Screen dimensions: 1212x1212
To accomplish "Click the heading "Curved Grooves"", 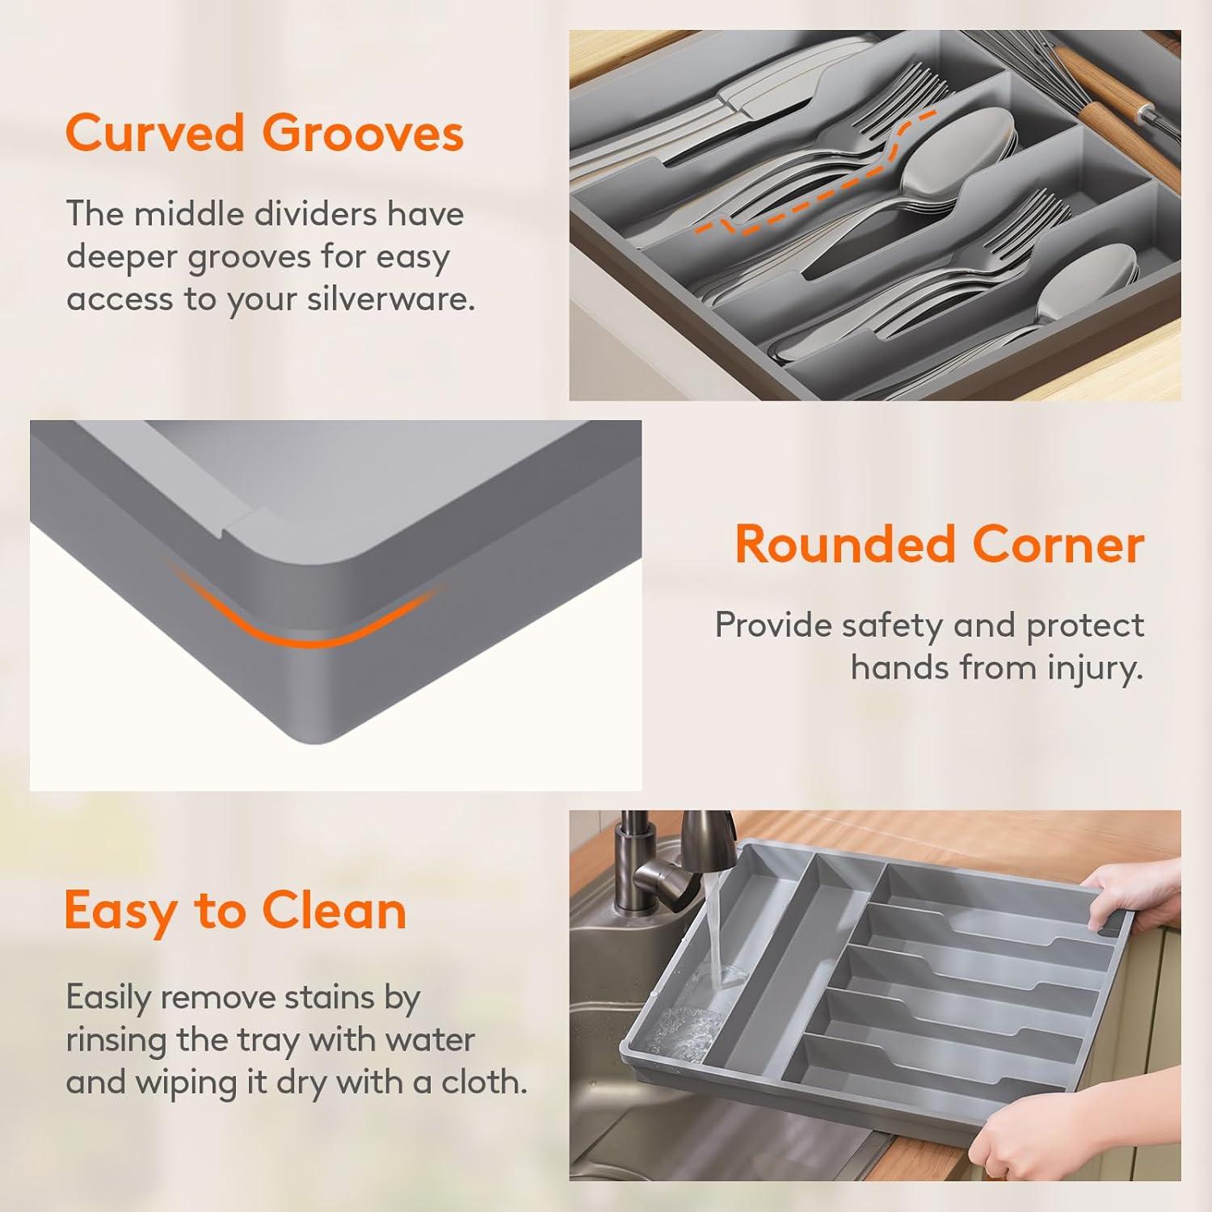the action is [x=265, y=133].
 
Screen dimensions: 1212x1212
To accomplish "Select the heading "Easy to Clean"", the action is [x=235, y=911].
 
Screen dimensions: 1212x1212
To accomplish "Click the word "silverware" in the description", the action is [x=387, y=299].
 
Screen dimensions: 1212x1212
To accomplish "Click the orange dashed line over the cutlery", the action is [x=816, y=174].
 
